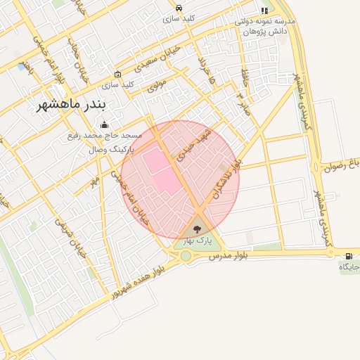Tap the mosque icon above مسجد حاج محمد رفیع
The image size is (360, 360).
(105, 125)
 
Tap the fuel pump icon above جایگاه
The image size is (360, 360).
(349, 255)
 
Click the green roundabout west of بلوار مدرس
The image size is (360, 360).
(186, 256)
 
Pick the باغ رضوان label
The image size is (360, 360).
(342, 166)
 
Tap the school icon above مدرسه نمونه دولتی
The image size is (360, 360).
(264, 11)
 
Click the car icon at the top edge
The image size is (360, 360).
(179, 8)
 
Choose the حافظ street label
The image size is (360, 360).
(244, 75)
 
